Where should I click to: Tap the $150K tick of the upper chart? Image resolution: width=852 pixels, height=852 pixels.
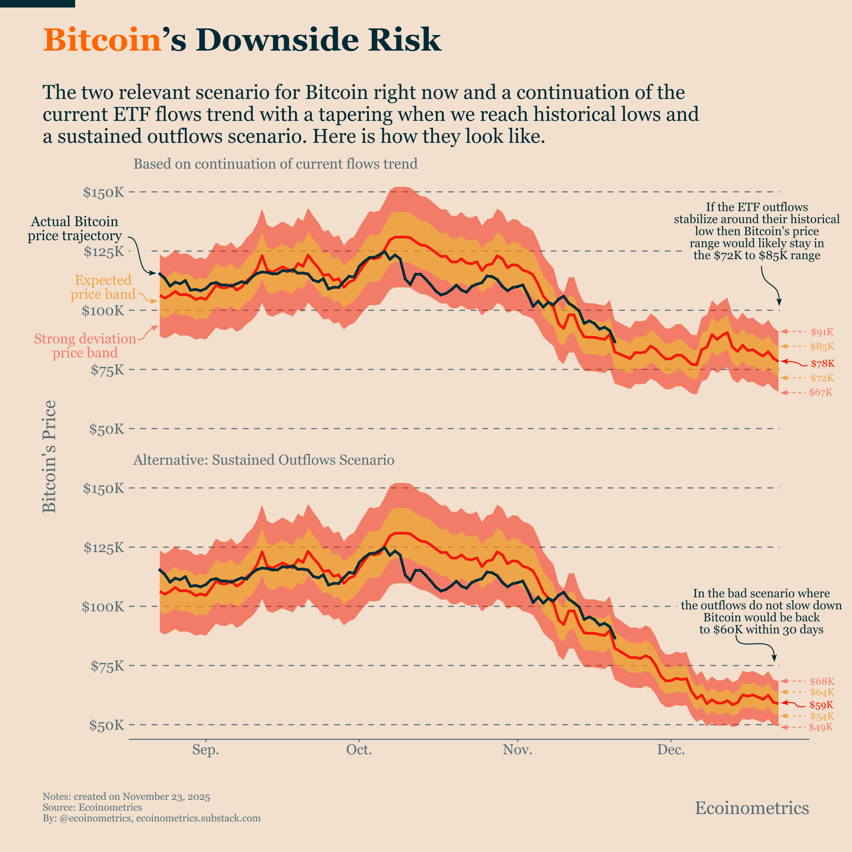[104, 193]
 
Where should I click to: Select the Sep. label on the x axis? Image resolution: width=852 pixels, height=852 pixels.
[206, 750]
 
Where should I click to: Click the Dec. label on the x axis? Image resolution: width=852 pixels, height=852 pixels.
[671, 750]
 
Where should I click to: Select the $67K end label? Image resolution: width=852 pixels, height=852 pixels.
[821, 392]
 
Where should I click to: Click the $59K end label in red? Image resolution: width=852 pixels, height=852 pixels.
[821, 705]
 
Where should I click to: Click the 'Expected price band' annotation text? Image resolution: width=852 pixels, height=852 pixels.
[103, 287]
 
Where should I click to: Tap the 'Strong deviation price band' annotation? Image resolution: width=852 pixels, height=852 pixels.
[85, 346]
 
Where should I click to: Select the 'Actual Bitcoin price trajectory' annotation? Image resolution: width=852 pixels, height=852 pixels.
[75, 228]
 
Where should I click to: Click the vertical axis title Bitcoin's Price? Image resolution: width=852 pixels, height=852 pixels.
[49, 456]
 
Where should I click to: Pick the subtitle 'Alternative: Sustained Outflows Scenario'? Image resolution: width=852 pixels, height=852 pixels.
[264, 460]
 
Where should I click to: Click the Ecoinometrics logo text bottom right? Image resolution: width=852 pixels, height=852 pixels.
[752, 808]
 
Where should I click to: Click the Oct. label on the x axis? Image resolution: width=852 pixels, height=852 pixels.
[359, 750]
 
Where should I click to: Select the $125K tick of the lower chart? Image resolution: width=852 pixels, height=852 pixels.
[104, 548]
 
